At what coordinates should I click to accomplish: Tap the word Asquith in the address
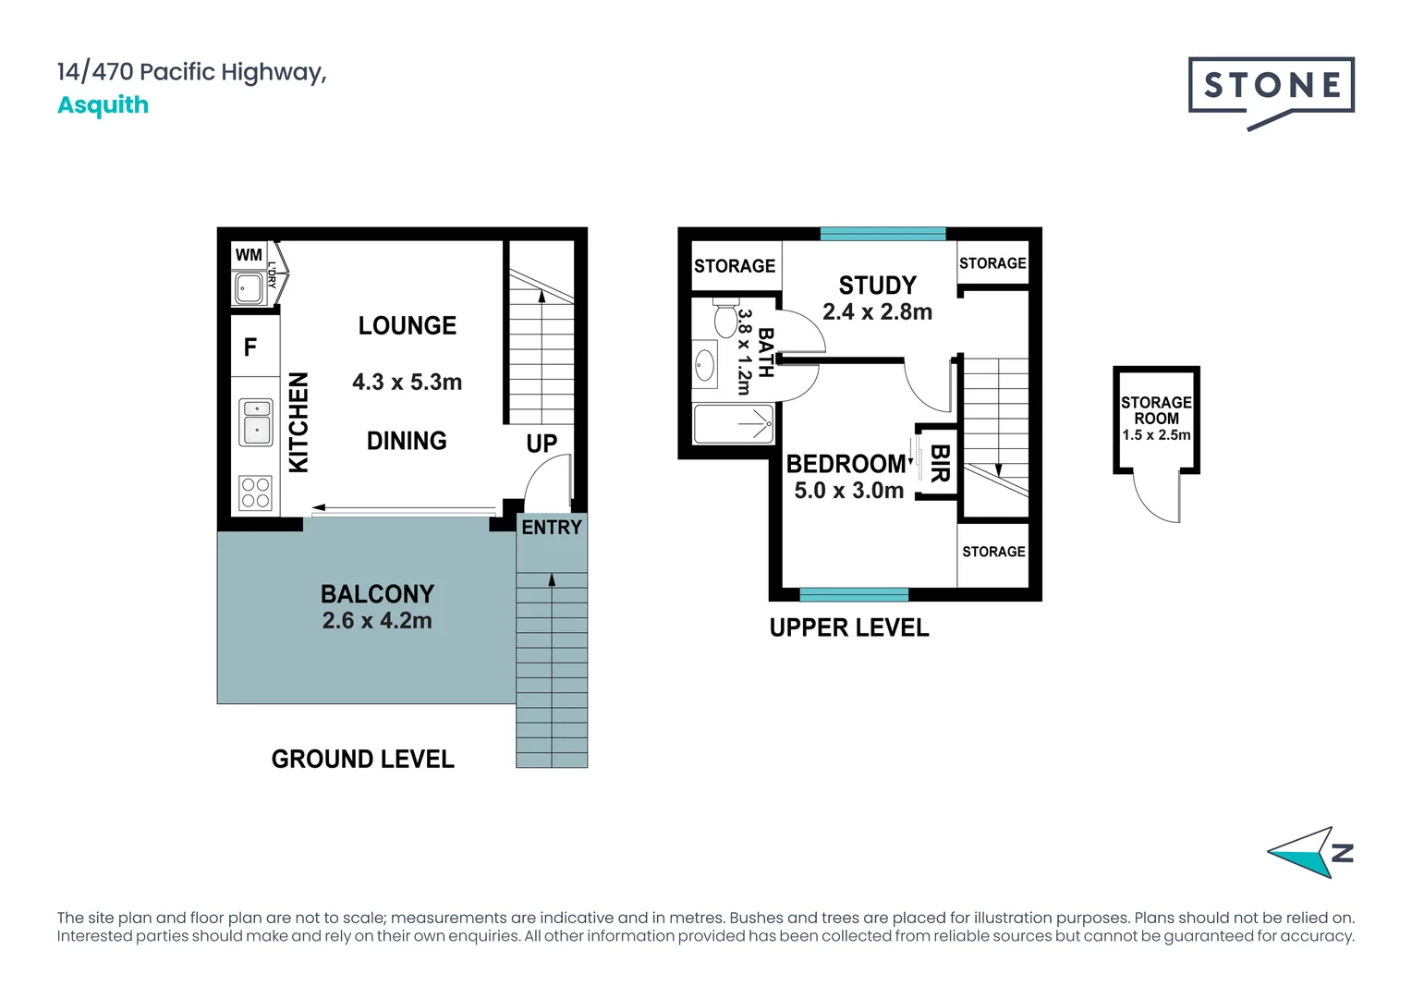pyautogui.click(x=103, y=105)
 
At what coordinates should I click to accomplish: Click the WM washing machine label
pyautogui.click(x=249, y=255)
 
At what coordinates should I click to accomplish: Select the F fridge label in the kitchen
pyautogui.click(x=250, y=347)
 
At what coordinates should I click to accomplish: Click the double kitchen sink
pyautogui.click(x=255, y=421)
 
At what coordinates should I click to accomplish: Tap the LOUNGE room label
pyautogui.click(x=408, y=326)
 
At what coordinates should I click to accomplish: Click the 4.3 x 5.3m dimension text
pyautogui.click(x=408, y=382)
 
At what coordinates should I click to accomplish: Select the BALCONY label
pyautogui.click(x=378, y=594)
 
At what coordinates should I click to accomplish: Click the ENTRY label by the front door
pyautogui.click(x=552, y=527)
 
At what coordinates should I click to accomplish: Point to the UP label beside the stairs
pyautogui.click(x=542, y=444)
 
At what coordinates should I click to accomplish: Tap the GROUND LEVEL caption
pyautogui.click(x=362, y=759)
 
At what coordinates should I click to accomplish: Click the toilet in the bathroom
pyautogui.click(x=725, y=318)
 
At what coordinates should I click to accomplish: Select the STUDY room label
pyautogui.click(x=878, y=286)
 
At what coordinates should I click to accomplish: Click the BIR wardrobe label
pyautogui.click(x=940, y=463)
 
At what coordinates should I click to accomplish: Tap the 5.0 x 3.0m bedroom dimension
pyautogui.click(x=848, y=491)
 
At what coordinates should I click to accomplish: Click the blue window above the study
pyautogui.click(x=882, y=234)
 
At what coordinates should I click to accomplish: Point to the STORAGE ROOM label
pyautogui.click(x=1156, y=410)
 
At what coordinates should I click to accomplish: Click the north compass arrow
pyautogui.click(x=1302, y=852)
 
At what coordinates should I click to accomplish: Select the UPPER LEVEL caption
pyautogui.click(x=849, y=628)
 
